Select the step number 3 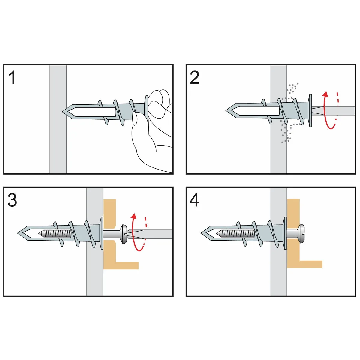point(12,200)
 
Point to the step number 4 point(194,200)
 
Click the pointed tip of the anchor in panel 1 point(63,112)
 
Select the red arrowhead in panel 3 point(133,216)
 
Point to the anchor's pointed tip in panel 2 point(226,110)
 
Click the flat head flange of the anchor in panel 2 point(310,110)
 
